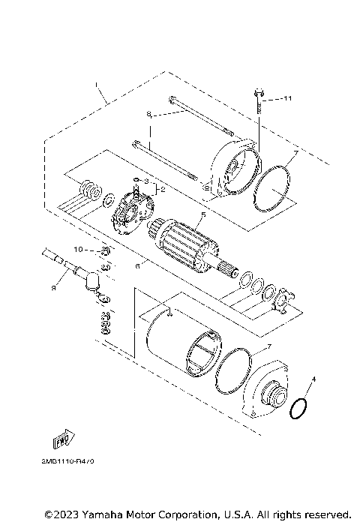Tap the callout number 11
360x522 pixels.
288,99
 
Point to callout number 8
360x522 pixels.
149,114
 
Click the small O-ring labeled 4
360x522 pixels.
298,409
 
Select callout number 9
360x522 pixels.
53,285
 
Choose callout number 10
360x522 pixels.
77,248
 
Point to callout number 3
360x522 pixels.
145,181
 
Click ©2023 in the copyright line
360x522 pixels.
61,515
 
